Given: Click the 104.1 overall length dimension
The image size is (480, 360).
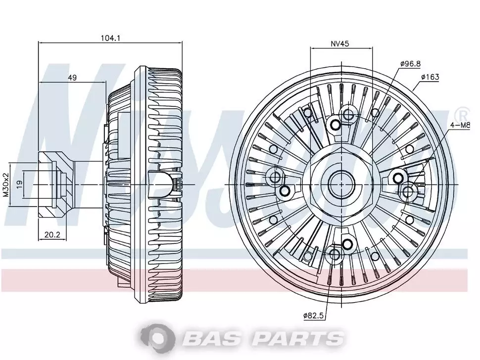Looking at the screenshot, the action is (110, 38).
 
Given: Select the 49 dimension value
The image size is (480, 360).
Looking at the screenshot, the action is (72, 78).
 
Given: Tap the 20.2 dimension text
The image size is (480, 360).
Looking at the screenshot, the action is (52, 235).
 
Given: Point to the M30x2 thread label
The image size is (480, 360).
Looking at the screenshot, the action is (6, 185).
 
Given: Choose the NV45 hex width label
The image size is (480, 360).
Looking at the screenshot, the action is (340, 44).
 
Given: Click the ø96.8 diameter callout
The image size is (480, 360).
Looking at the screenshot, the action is (410, 64).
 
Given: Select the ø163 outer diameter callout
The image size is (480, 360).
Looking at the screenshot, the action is (430, 77).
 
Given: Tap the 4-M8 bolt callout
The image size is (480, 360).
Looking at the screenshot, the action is (460, 126).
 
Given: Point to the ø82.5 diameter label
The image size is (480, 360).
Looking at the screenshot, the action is (313, 315).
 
